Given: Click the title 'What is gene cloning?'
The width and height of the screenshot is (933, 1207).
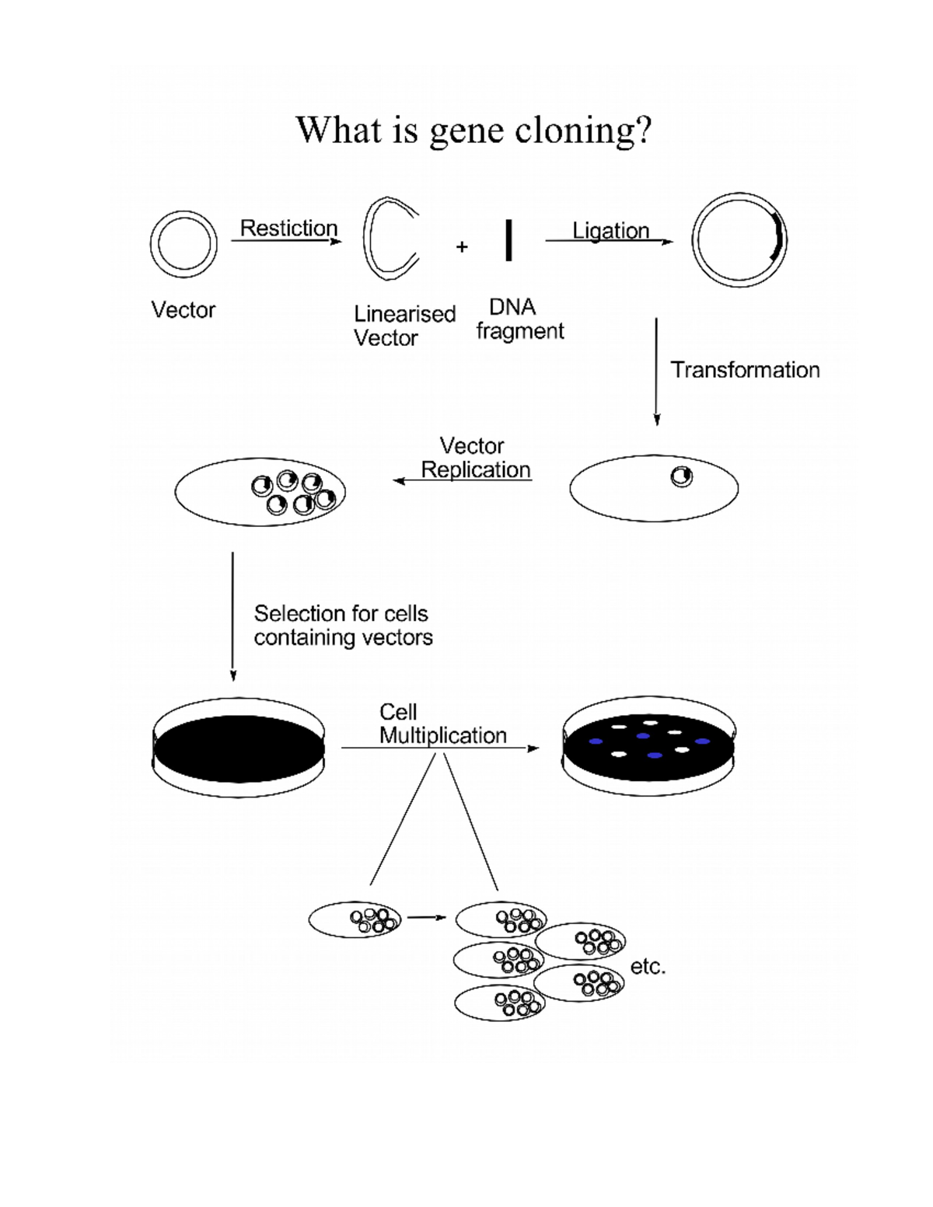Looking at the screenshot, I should tap(473, 130).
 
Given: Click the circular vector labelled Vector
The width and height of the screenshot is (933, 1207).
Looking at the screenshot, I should tap(183, 244).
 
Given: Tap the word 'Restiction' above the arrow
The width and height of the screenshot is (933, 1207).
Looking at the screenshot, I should tap(288, 228).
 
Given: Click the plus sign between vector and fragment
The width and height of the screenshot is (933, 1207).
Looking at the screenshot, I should tap(462, 247).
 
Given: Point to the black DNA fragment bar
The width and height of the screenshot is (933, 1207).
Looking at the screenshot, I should tap(508, 240).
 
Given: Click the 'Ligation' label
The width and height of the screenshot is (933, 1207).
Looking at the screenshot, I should tap(610, 231).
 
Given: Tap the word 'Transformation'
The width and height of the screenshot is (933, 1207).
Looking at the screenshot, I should tap(745, 370).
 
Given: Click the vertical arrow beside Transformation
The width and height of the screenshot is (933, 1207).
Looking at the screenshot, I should tap(657, 371).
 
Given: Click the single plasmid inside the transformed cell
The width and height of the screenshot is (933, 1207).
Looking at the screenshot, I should tap(682, 476).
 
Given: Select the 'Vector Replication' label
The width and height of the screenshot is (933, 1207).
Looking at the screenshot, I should tap(474, 458).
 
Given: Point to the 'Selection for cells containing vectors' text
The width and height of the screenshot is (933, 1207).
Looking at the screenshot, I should tap(343, 626).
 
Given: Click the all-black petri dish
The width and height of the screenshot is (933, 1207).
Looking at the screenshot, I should tap(238, 748).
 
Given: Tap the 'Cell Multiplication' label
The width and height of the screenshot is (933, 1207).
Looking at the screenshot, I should tap(442, 724).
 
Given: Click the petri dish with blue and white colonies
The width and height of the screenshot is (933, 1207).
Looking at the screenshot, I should tap(648, 745).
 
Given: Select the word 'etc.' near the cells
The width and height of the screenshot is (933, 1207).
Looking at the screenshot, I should tap(648, 967).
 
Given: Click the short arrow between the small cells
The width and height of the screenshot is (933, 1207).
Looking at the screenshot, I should tap(426, 918).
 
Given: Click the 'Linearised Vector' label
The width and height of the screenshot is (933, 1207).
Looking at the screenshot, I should tap(404, 326).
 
